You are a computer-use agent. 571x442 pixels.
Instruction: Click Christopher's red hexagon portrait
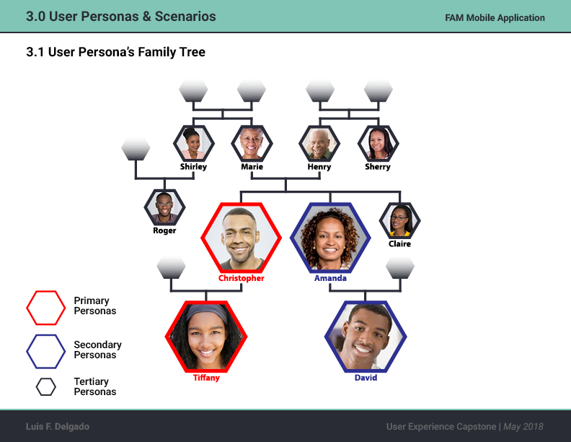pyautogui.click(x=241, y=238)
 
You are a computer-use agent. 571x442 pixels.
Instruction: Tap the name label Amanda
pyautogui.click(x=330, y=278)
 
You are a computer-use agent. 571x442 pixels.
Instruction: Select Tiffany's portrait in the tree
pyautogui.click(x=206, y=337)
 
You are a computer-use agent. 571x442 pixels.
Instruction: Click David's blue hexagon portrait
pyautogui.click(x=366, y=337)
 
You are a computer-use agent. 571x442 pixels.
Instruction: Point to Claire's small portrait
pyautogui.click(x=400, y=220)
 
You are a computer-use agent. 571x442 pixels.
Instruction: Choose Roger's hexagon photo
pyautogui.click(x=164, y=207)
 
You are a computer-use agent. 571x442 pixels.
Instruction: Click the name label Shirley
pyautogui.click(x=193, y=167)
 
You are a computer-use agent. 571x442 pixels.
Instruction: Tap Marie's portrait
pyautogui.click(x=252, y=143)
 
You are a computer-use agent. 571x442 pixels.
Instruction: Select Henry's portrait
pyautogui.click(x=319, y=143)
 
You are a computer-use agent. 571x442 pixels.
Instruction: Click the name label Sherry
pyautogui.click(x=378, y=167)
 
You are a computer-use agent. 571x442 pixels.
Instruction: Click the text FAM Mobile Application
pyautogui.click(x=495, y=18)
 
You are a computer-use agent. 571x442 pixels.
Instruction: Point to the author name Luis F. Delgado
pyautogui.click(x=58, y=426)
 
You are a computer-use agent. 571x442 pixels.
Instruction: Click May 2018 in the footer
pyautogui.click(x=523, y=427)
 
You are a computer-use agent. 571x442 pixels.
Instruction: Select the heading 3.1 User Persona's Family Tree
pyautogui.click(x=115, y=52)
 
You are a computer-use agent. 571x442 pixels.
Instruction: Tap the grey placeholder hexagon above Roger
pyautogui.click(x=136, y=149)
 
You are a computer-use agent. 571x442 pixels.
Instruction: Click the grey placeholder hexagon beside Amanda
pyautogui.click(x=400, y=267)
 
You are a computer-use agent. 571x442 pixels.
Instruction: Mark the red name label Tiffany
pyautogui.click(x=206, y=378)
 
